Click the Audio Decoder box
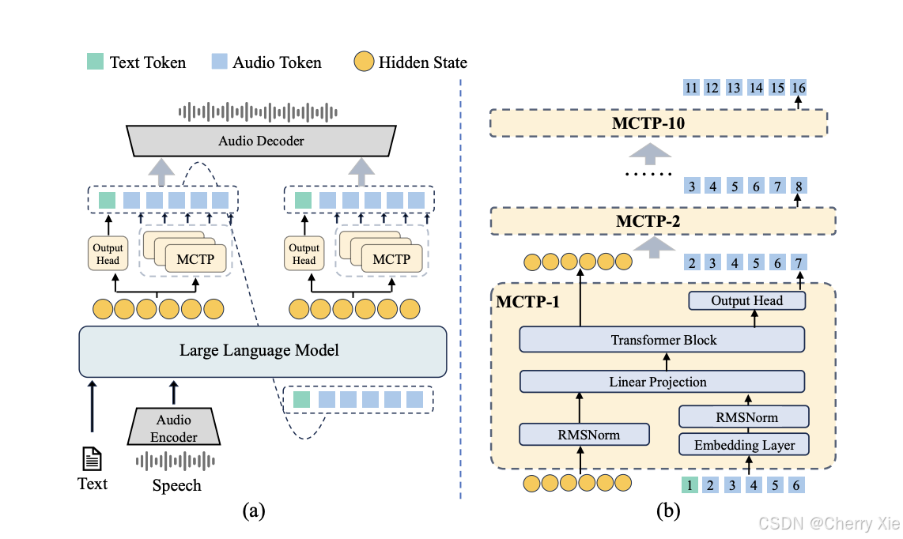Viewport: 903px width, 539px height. [x=261, y=141]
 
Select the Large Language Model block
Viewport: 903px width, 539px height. [x=263, y=351]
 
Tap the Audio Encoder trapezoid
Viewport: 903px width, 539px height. [x=174, y=427]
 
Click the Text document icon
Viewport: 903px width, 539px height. [x=93, y=459]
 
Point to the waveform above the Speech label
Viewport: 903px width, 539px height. [x=175, y=462]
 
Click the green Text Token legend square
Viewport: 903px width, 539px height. [x=95, y=61]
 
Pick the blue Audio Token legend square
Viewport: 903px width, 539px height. [x=219, y=61]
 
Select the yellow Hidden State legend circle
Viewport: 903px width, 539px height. [x=364, y=62]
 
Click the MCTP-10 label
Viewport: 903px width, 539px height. [x=648, y=123]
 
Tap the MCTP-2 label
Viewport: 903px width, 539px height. [x=648, y=221]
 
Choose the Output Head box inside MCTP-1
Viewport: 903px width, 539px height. [x=747, y=300]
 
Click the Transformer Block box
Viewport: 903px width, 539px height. [x=663, y=340]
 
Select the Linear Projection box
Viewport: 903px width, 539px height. [x=663, y=382]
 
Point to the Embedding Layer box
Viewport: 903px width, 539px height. [x=744, y=445]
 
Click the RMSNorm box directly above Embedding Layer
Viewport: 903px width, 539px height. [x=744, y=417]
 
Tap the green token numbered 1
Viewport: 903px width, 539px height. [x=690, y=485]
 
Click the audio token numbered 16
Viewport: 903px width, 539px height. [x=798, y=88]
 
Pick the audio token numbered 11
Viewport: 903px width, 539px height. [x=691, y=88]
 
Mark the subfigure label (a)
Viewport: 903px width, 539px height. [x=254, y=511]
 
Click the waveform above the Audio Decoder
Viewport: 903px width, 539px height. [x=258, y=112]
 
